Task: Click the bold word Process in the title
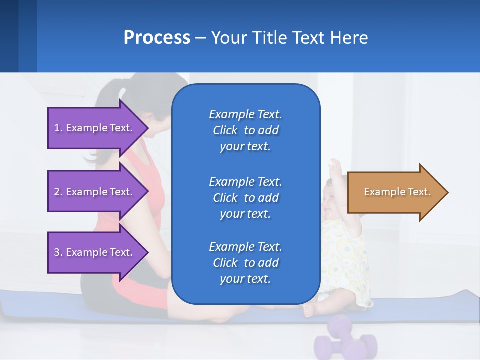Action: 157,38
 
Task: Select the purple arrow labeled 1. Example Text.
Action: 95,128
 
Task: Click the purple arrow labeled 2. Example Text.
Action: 95,192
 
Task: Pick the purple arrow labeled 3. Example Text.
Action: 95,252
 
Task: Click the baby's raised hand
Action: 335,168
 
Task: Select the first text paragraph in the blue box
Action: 245,130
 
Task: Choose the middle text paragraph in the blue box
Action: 245,198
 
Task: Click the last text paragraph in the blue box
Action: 245,263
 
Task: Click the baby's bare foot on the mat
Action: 309,310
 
